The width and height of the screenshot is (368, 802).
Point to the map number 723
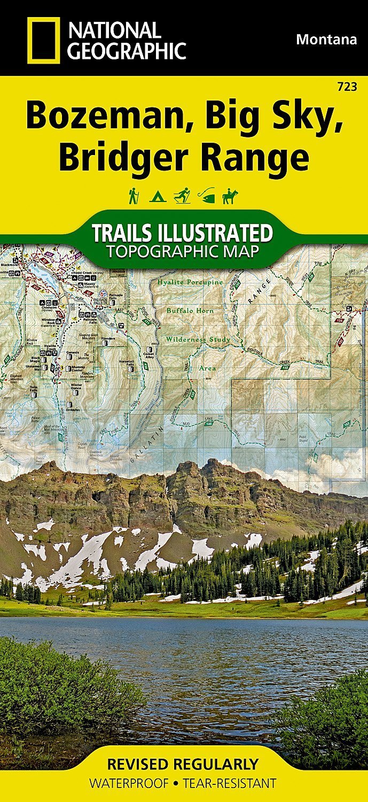348,87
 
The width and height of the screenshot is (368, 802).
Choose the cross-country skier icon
182,196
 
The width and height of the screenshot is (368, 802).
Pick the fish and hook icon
206,196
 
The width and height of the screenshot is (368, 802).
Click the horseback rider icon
230,196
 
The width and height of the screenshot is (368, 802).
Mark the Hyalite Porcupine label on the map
186,282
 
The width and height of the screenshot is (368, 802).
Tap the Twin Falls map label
34,388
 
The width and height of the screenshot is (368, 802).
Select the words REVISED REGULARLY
183,764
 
